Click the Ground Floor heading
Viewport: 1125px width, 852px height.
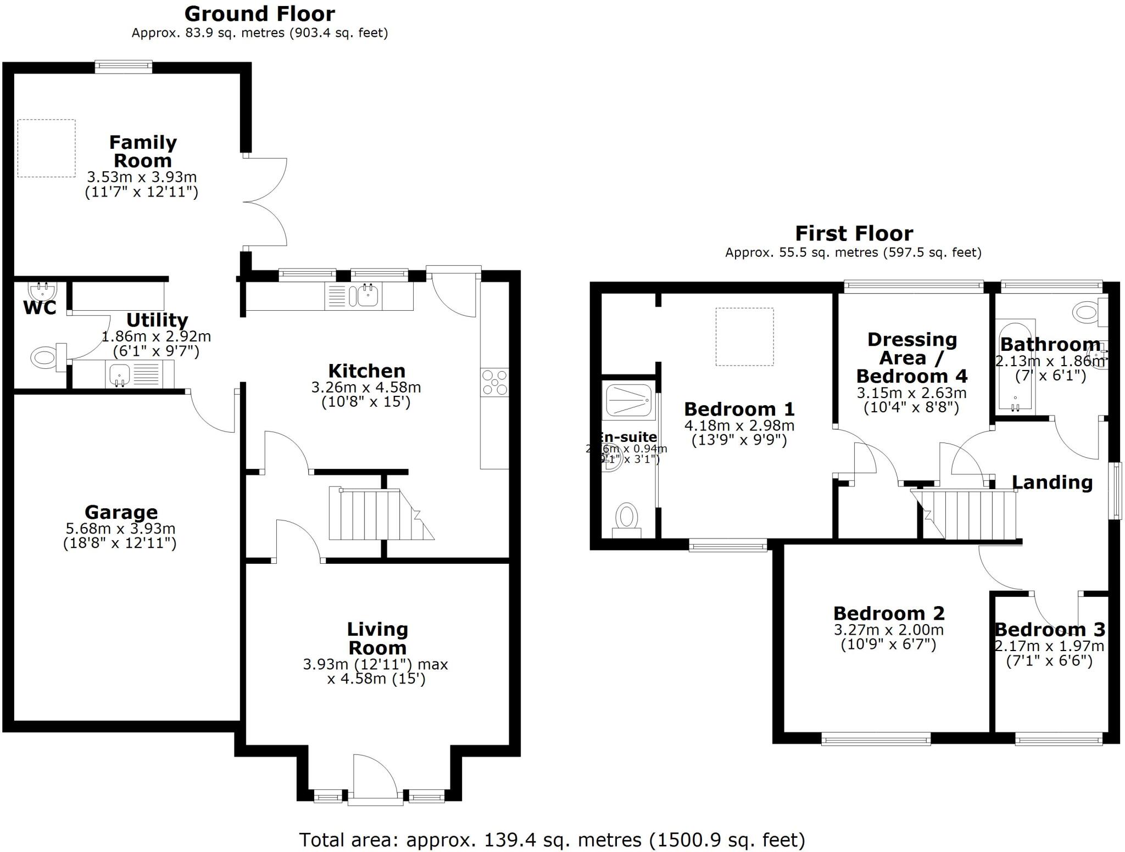[259, 14]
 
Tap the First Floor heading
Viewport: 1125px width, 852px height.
[854, 234]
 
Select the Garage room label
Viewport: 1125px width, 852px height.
[121, 512]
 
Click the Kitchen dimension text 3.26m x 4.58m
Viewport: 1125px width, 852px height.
[366, 388]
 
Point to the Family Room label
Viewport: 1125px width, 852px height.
[143, 152]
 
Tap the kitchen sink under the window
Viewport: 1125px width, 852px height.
[367, 296]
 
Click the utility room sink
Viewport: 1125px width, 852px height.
[119, 374]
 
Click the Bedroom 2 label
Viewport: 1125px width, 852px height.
[888, 613]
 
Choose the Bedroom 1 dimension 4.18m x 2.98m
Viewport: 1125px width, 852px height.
[739, 425]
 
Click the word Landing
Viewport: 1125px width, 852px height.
[1051, 483]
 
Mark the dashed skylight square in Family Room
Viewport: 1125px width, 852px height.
[46, 148]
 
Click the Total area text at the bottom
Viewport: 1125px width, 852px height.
[552, 840]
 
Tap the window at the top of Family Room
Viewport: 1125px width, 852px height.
[123, 66]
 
